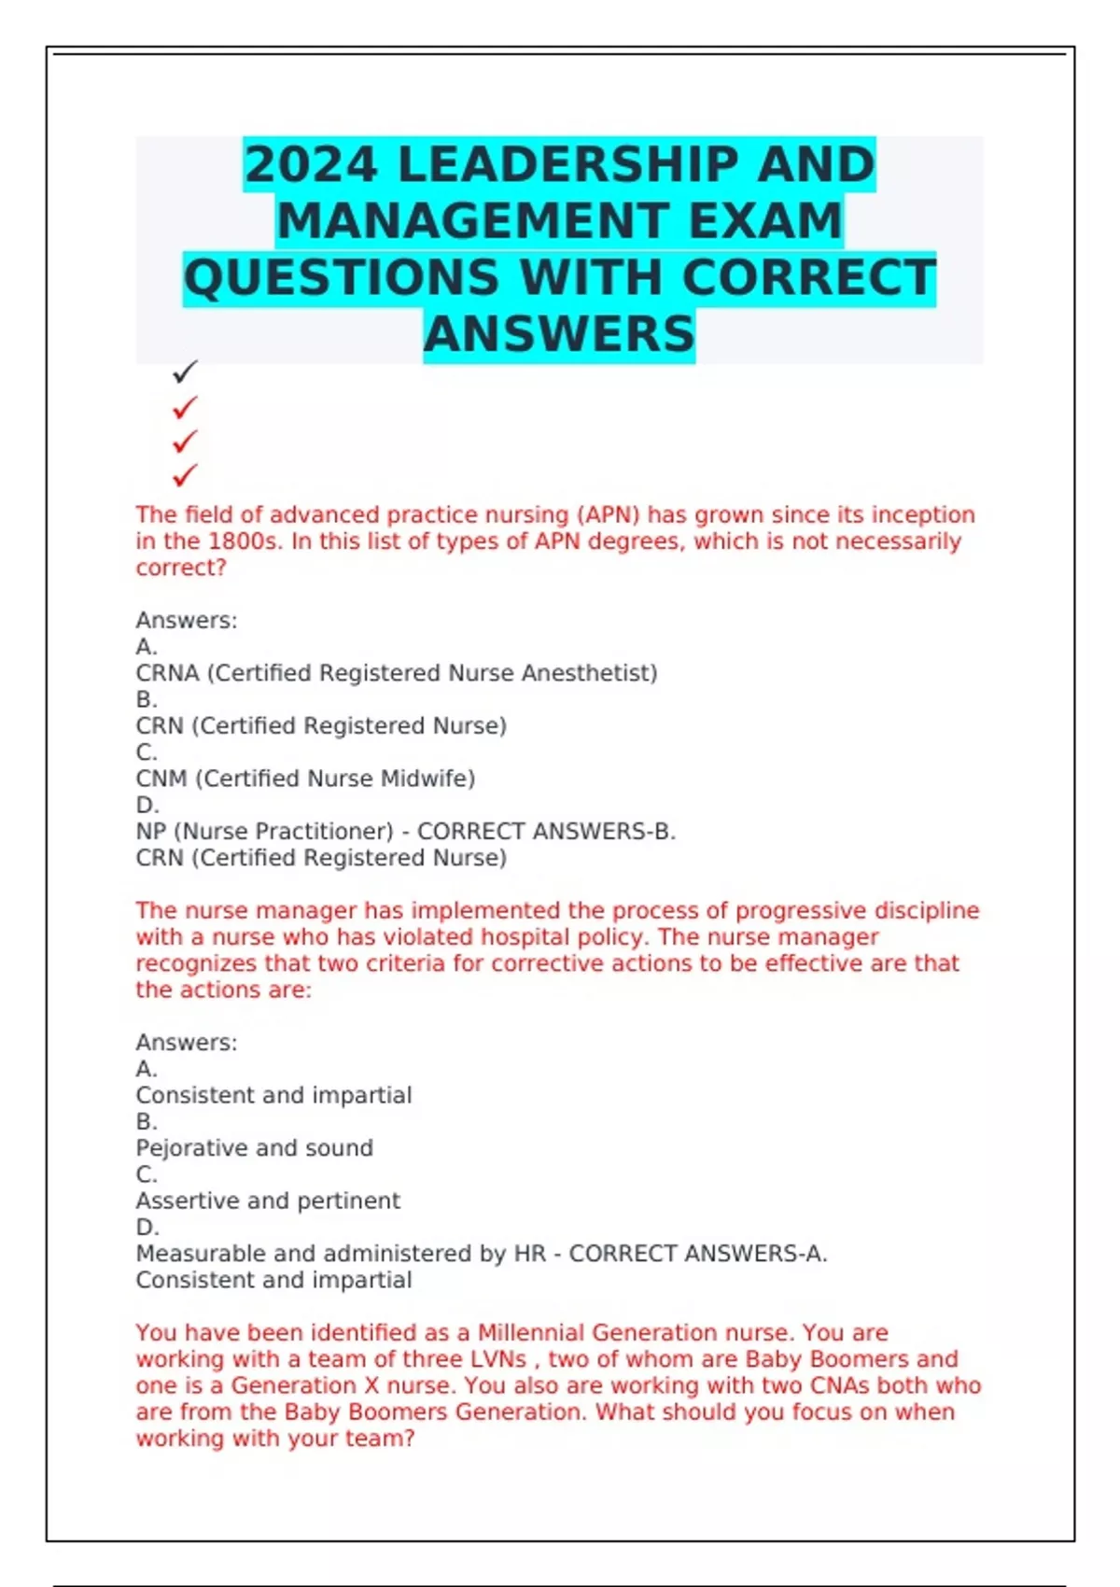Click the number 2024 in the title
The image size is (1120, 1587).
point(311,165)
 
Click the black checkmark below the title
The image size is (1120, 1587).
point(185,372)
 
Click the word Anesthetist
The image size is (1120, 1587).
point(589,673)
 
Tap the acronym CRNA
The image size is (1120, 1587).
point(167,673)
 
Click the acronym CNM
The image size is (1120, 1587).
point(161,779)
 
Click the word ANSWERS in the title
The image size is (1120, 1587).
point(559,334)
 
